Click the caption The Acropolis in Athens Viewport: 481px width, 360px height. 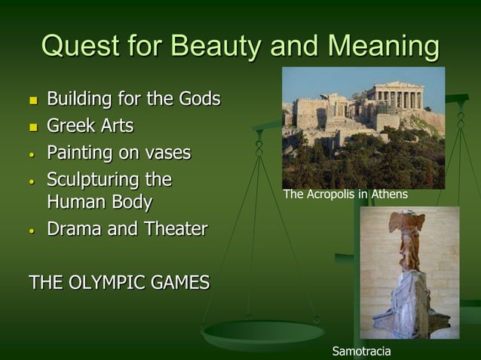[345, 194]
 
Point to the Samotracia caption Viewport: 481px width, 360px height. [361, 351]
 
